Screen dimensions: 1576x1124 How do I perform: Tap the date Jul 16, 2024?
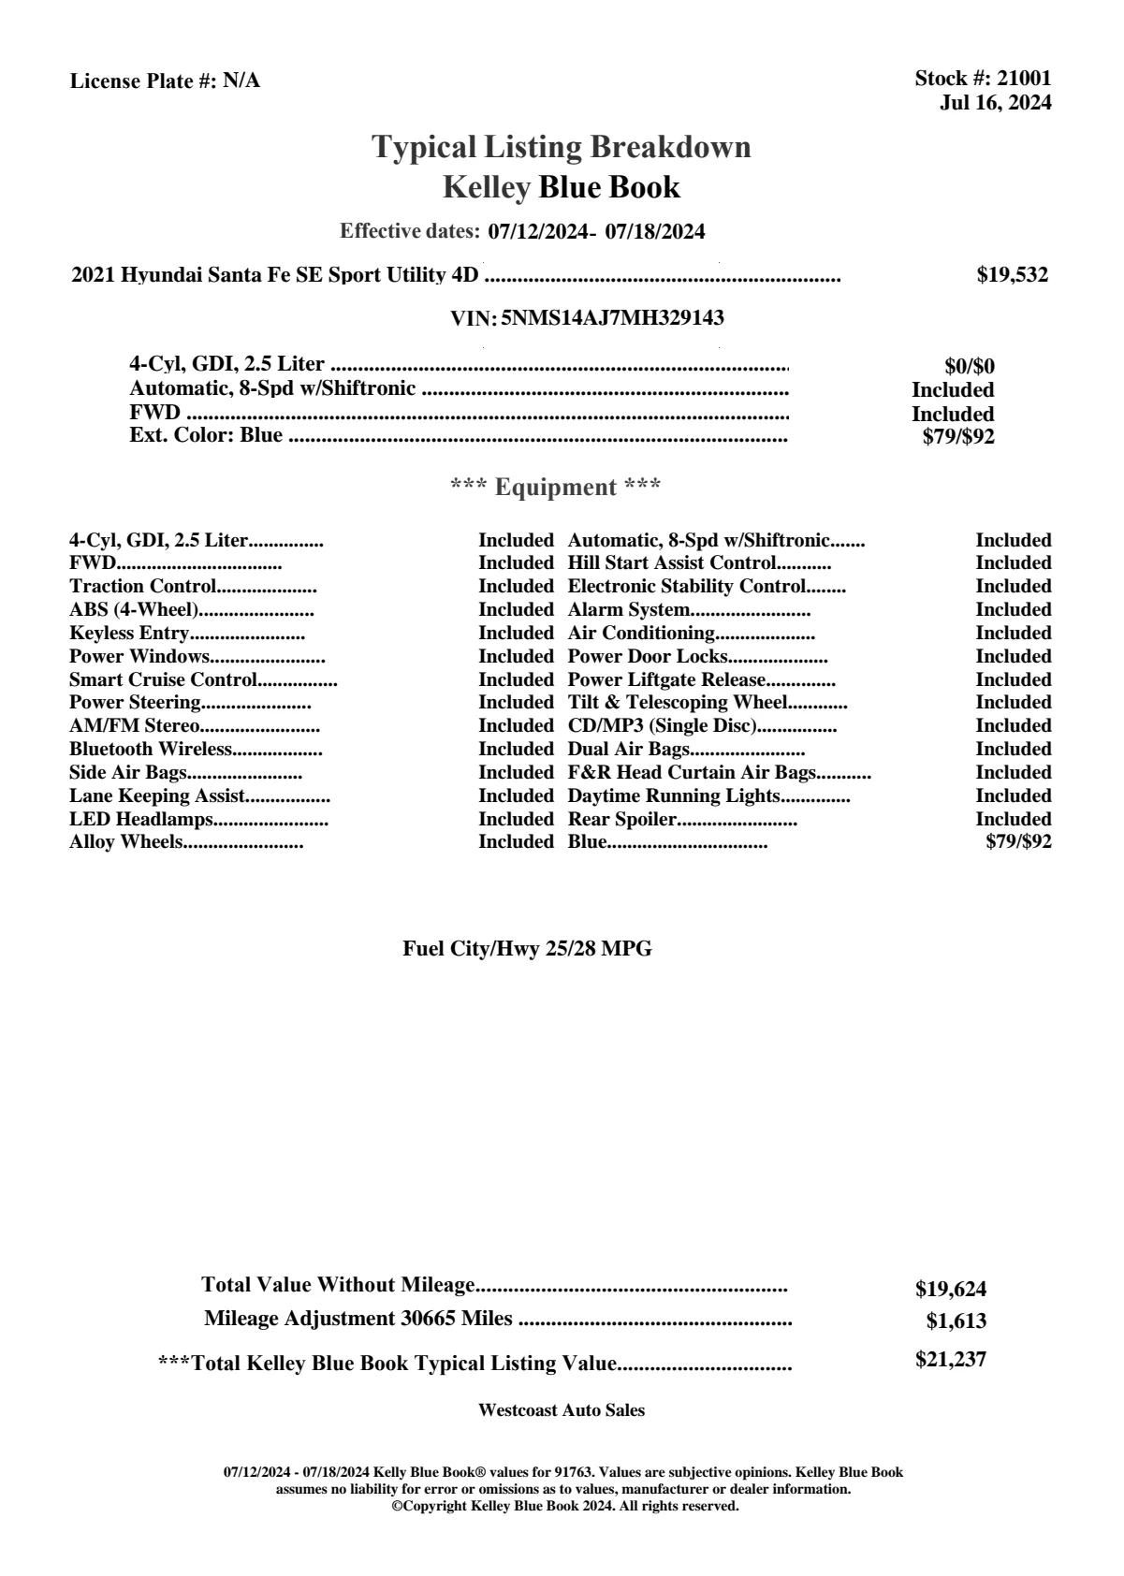[995, 102]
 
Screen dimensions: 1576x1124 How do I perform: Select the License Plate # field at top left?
[165, 81]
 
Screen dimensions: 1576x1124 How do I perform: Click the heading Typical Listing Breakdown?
[562, 147]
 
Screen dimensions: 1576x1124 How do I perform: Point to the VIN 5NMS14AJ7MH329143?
[612, 318]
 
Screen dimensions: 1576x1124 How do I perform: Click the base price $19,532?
[1013, 275]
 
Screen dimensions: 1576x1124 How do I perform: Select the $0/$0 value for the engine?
[970, 366]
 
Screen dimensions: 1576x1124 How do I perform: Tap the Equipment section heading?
[556, 488]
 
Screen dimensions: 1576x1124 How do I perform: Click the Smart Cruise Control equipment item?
[163, 679]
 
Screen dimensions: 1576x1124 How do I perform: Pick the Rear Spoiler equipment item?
[621, 819]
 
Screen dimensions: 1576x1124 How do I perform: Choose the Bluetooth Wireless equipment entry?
[150, 749]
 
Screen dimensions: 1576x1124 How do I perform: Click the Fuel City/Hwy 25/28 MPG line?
[527, 949]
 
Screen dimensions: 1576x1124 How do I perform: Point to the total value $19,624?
[951, 1289]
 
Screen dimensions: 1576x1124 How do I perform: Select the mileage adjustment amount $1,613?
[956, 1321]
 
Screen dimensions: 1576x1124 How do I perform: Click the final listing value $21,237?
[951, 1359]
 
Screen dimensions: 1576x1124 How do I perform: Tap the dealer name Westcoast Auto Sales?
[561, 1410]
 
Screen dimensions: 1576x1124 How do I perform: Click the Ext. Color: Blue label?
[206, 435]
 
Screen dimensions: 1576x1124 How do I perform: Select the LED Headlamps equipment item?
[141, 819]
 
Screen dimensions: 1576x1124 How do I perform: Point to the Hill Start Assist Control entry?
[672, 563]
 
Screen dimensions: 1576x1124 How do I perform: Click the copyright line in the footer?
[564, 1507]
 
